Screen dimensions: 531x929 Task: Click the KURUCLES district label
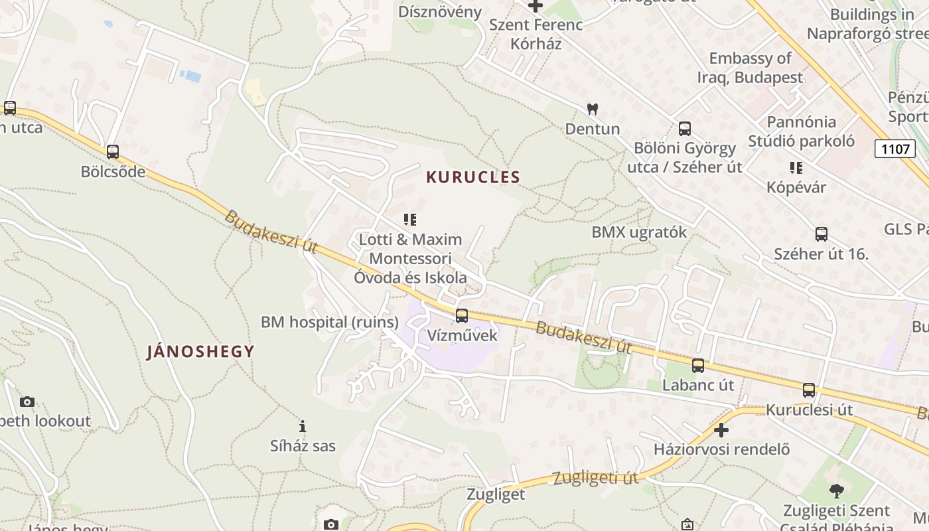(473, 177)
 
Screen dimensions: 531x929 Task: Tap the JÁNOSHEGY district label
(200, 352)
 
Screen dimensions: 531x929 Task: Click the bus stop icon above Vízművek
(462, 316)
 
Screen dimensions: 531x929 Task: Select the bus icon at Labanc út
(698, 366)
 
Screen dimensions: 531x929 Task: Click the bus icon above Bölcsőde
(113, 152)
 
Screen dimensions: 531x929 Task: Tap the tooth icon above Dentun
(593, 109)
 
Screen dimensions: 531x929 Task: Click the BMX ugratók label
(639, 232)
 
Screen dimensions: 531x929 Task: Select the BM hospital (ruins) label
(330, 323)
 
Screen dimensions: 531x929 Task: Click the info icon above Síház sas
(303, 426)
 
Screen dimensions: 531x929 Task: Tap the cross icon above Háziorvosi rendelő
(721, 430)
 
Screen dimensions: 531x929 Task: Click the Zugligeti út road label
(595, 478)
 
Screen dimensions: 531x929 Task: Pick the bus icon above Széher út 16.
(822, 234)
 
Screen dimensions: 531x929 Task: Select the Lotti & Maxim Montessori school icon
(410, 219)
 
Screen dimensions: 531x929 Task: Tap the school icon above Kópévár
(796, 168)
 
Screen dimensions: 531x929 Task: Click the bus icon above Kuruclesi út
(809, 390)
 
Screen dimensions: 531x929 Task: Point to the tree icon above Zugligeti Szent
(836, 491)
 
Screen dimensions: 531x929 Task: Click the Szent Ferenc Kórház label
(536, 35)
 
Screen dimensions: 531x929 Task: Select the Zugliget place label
(496, 494)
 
